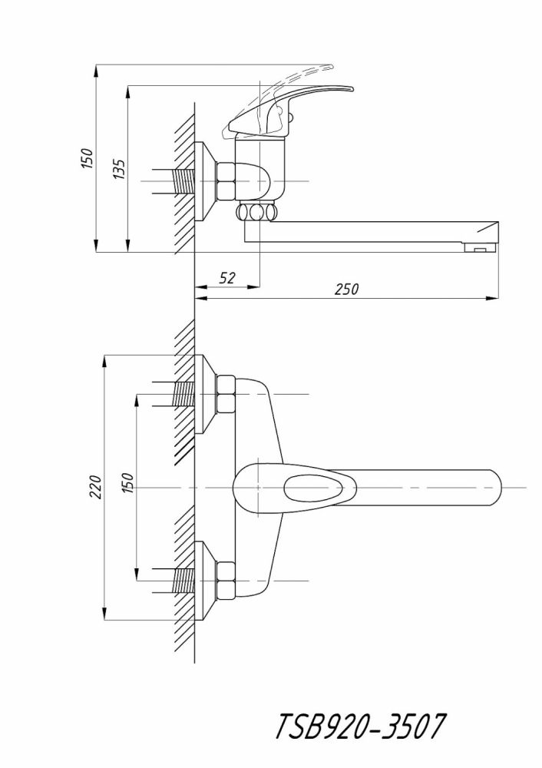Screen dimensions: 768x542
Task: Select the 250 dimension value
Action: [x=347, y=289]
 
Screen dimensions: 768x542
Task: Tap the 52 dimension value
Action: [x=226, y=278]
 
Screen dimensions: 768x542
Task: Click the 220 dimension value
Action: [x=95, y=488]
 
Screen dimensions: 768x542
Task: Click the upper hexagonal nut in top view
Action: [x=228, y=394]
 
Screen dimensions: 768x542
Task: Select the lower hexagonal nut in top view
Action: [x=228, y=581]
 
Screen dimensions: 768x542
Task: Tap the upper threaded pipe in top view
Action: [x=182, y=394]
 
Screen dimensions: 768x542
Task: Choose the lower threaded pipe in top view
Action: [x=182, y=581]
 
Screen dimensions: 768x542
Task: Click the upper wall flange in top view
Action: [x=204, y=394]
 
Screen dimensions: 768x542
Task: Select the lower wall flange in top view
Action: [x=204, y=581]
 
